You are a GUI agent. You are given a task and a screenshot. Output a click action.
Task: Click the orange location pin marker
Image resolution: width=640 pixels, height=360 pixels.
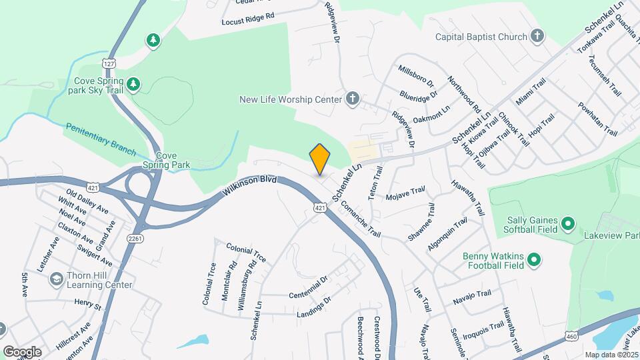(320, 159)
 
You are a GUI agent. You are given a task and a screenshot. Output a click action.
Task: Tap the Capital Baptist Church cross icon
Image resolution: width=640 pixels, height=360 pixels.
(537, 37)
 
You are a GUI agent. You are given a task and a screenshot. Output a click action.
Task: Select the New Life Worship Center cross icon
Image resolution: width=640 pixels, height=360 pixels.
(353, 100)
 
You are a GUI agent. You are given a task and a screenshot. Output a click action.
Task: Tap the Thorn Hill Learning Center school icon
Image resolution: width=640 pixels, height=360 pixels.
(57, 278)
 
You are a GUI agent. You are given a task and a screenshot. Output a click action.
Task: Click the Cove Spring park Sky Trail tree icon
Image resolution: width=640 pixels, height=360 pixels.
(134, 84)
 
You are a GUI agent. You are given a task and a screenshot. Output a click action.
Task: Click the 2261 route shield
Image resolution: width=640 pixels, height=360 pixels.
(134, 238)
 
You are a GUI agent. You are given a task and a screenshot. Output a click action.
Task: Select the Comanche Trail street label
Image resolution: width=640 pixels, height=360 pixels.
(359, 220)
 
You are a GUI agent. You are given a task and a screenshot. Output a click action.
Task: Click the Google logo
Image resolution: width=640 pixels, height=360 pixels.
(22, 352)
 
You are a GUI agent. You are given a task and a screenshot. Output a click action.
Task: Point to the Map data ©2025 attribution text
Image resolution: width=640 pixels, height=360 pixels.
(611, 355)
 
